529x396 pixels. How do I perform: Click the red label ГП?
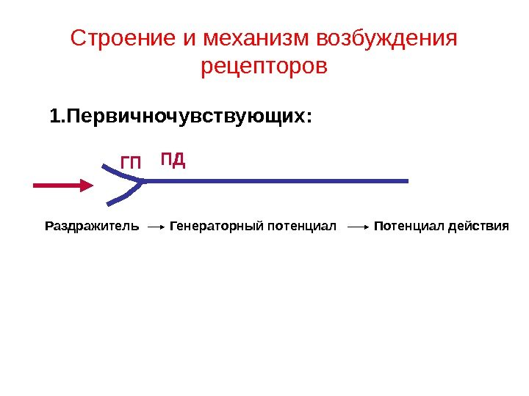point(131,163)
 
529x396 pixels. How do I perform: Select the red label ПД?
point(172,159)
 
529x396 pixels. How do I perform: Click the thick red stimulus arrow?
point(62,186)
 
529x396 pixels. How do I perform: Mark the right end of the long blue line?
point(406,180)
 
